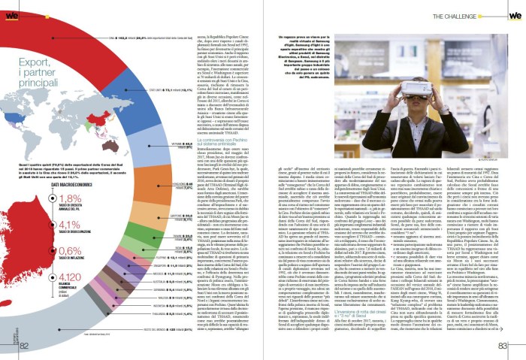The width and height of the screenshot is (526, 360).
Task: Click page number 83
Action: pyautogui.click(x=503, y=345)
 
